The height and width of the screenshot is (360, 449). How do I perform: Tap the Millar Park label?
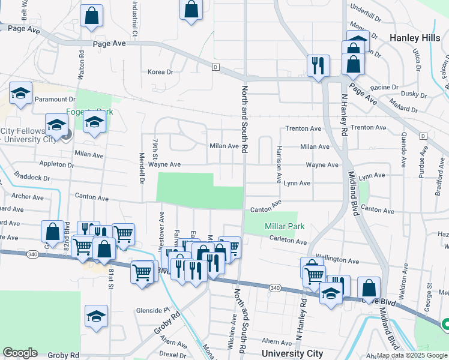(285, 226)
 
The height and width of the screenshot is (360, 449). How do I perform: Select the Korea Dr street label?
(160, 72)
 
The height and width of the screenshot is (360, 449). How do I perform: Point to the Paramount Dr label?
(55, 99)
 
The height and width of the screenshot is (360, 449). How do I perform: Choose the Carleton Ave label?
(289, 241)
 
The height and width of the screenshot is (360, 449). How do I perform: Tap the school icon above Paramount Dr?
(20, 93)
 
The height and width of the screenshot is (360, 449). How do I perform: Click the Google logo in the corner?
(20, 353)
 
